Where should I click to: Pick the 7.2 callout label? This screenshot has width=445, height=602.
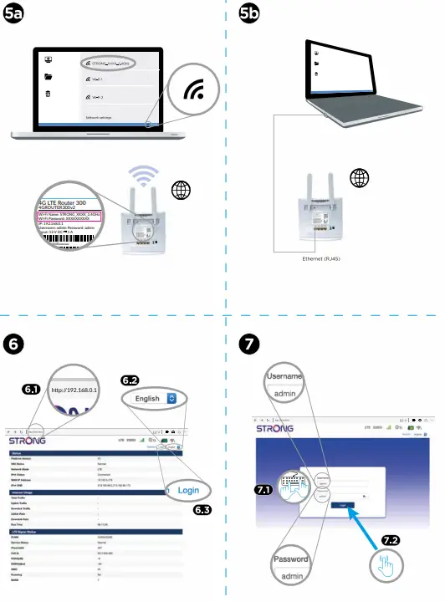click(393, 541)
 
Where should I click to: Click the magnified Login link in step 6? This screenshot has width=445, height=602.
click(188, 490)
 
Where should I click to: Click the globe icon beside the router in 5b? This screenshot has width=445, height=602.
click(360, 178)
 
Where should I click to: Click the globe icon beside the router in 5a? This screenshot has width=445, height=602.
click(182, 189)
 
